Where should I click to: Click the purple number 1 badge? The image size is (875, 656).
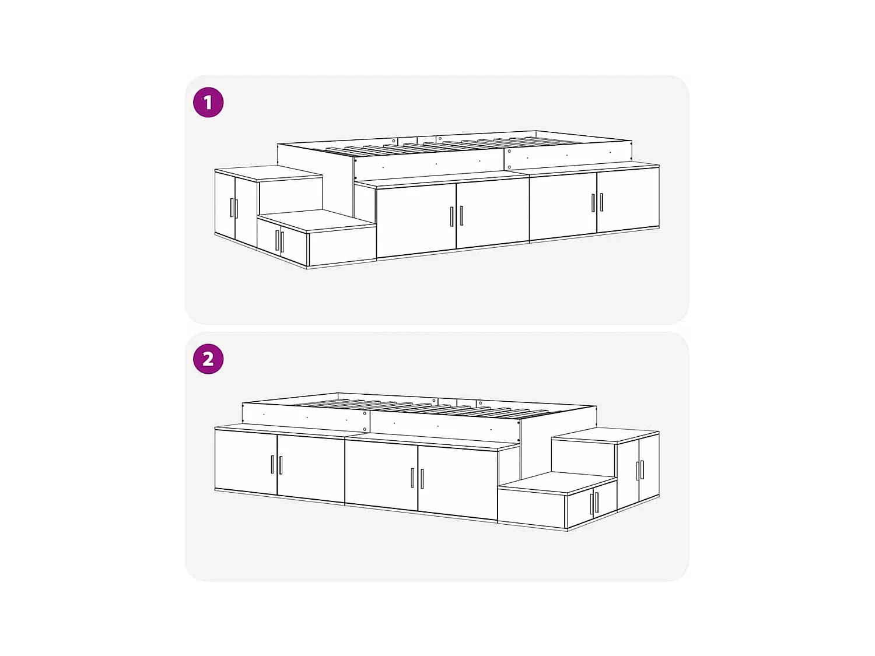[x=208, y=103]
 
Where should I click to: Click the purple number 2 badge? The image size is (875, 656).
[x=208, y=359]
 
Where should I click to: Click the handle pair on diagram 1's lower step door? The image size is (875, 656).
[x=279, y=241]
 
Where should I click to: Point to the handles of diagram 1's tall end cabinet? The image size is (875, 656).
[x=235, y=208]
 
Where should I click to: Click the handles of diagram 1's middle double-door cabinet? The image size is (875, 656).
[x=456, y=216]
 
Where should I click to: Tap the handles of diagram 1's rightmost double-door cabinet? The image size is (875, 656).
[x=597, y=202]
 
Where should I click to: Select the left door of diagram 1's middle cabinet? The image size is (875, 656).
[x=415, y=220]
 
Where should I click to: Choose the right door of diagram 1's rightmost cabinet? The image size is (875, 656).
[x=628, y=200]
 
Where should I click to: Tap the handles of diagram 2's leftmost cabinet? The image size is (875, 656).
[x=276, y=465]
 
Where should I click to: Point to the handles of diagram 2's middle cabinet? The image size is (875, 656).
[x=417, y=478]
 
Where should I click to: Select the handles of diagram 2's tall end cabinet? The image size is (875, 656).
[x=639, y=470]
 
